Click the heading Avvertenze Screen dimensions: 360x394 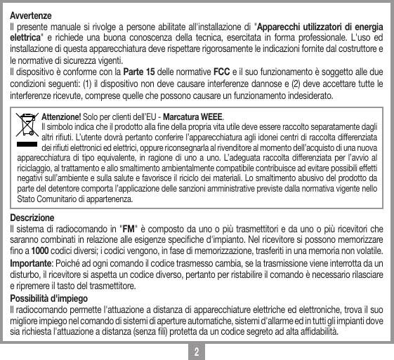coord(29,15)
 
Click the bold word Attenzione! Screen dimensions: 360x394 coord(62,116)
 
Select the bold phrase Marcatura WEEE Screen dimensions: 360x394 coord(195,116)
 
